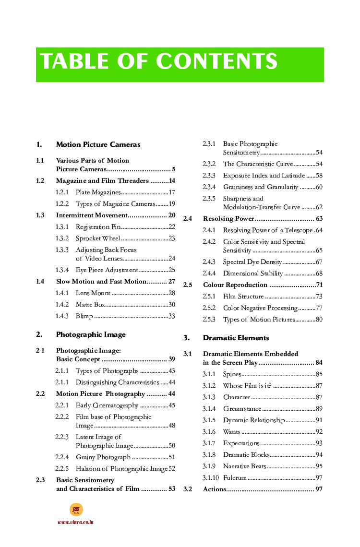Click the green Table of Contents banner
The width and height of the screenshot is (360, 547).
coord(180,64)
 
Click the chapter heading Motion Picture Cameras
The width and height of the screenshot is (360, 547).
coord(98,144)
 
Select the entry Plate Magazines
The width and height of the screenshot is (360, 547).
coord(98,192)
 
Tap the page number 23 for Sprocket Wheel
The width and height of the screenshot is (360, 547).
coord(172,238)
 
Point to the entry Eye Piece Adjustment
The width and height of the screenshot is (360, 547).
coord(107,270)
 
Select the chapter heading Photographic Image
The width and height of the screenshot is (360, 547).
coord(91,334)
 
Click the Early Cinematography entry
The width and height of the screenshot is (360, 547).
coord(107,405)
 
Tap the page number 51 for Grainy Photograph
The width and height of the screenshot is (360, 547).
coord(172,457)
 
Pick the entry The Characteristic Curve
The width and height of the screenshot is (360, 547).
coord(258,164)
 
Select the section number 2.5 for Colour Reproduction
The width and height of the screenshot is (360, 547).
coord(188,285)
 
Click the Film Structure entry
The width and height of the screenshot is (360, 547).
coord(243,297)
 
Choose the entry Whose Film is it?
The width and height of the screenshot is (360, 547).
coord(247,386)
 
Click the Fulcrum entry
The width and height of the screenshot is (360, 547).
coord(235,478)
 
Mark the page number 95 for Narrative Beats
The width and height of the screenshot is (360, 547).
coord(319,466)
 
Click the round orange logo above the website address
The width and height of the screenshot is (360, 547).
coord(76,510)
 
